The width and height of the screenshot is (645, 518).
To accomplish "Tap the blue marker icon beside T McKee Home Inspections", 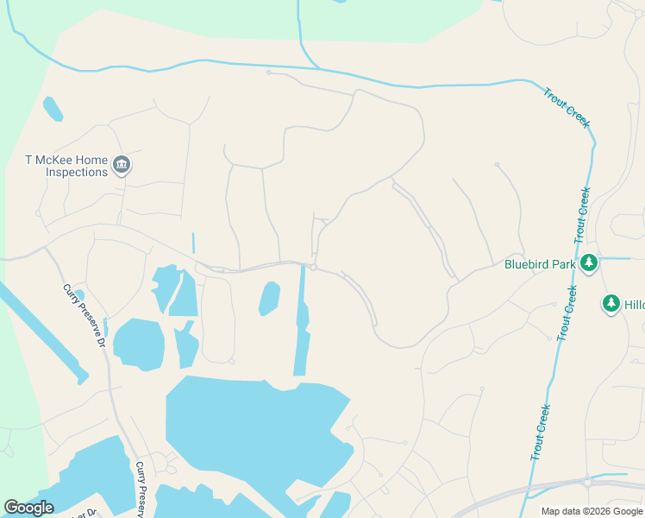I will click(x=122, y=165).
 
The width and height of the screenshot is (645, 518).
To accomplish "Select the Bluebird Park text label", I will click(x=540, y=264).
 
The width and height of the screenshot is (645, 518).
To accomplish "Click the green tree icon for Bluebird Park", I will click(x=589, y=262).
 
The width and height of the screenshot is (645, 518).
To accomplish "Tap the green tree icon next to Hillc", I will click(x=611, y=303).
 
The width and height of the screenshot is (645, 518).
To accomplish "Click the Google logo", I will click(x=28, y=508).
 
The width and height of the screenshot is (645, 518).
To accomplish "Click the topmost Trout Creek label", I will click(x=566, y=107).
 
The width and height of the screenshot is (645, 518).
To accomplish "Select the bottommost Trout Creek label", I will click(x=540, y=433).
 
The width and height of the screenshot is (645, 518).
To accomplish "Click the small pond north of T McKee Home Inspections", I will click(x=53, y=109).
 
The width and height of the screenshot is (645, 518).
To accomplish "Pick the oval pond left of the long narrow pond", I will click(x=269, y=299).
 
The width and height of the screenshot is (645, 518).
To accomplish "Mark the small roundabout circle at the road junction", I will click(x=313, y=268).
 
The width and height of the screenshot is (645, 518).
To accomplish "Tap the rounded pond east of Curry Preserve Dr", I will click(x=138, y=344).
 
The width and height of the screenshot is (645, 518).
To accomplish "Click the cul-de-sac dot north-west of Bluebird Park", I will click(x=497, y=164).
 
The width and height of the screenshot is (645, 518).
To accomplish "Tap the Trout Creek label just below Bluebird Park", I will click(x=565, y=312).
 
